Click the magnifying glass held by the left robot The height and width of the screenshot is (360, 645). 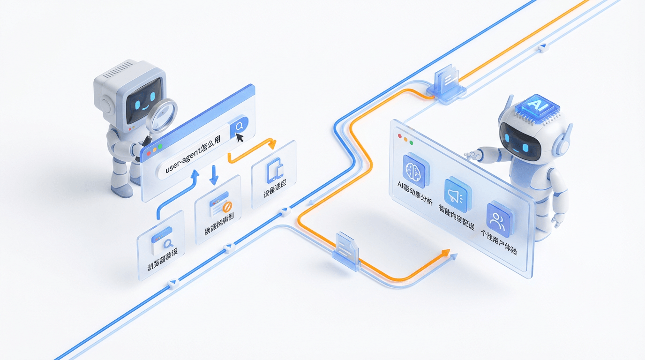click(162, 113)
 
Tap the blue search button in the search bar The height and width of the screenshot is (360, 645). click(239, 126)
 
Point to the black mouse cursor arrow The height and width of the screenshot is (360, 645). click(240, 137)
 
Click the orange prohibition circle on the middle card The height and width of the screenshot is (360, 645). click(227, 207)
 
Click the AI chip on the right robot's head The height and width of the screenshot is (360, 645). click(534, 107)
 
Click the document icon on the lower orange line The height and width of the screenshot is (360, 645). click(345, 247)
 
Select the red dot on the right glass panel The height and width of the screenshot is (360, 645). click(400, 136)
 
